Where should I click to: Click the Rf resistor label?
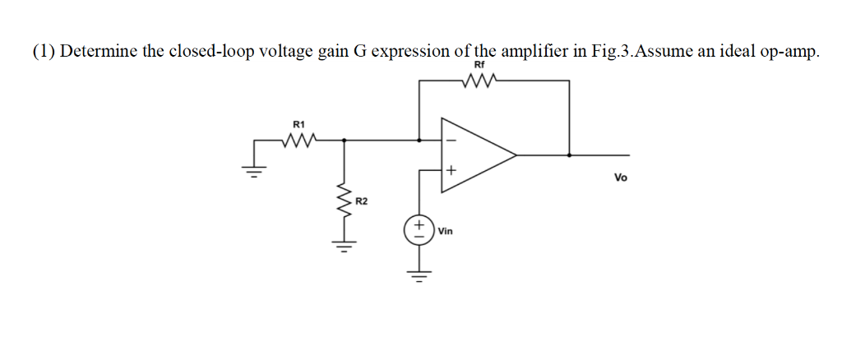pos(479,66)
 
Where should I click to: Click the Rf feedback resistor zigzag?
pos(479,81)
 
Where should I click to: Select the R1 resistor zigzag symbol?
pos(298,141)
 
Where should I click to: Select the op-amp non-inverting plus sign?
pos(451,171)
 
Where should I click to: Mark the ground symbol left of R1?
pos(254,171)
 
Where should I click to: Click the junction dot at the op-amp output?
pos(569,155)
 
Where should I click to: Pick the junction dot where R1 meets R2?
pos(344,141)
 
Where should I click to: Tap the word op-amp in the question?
pos(788,51)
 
